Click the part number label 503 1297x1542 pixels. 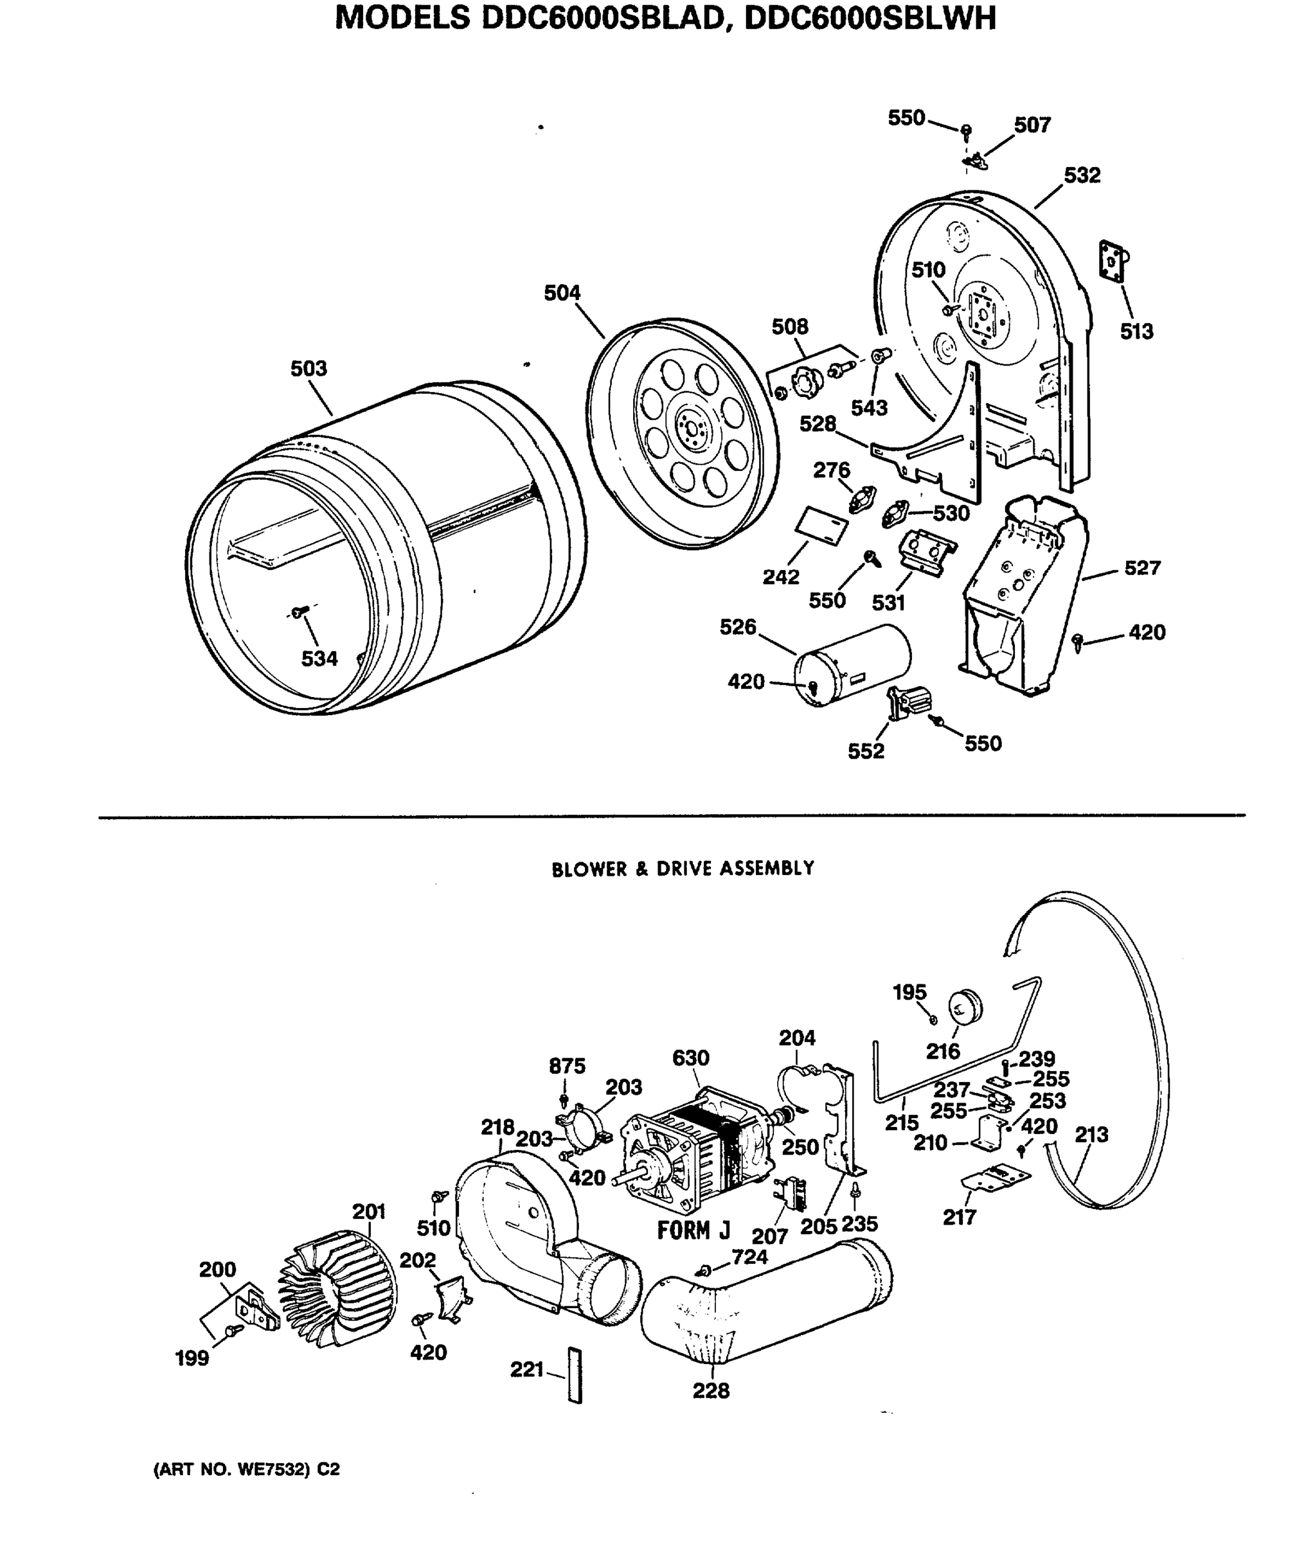[x=308, y=368]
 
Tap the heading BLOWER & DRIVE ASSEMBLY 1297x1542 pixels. [x=683, y=869]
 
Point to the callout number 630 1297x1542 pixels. [x=690, y=1058]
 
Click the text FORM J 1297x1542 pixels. [x=693, y=1230]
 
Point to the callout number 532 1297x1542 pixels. [x=1082, y=175]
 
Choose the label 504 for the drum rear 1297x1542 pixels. [x=562, y=293]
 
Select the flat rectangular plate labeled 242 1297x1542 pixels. [x=821, y=526]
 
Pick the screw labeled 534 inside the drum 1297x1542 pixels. [x=298, y=612]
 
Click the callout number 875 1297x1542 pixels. [x=567, y=1066]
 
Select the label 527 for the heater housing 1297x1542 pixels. [x=1142, y=567]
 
